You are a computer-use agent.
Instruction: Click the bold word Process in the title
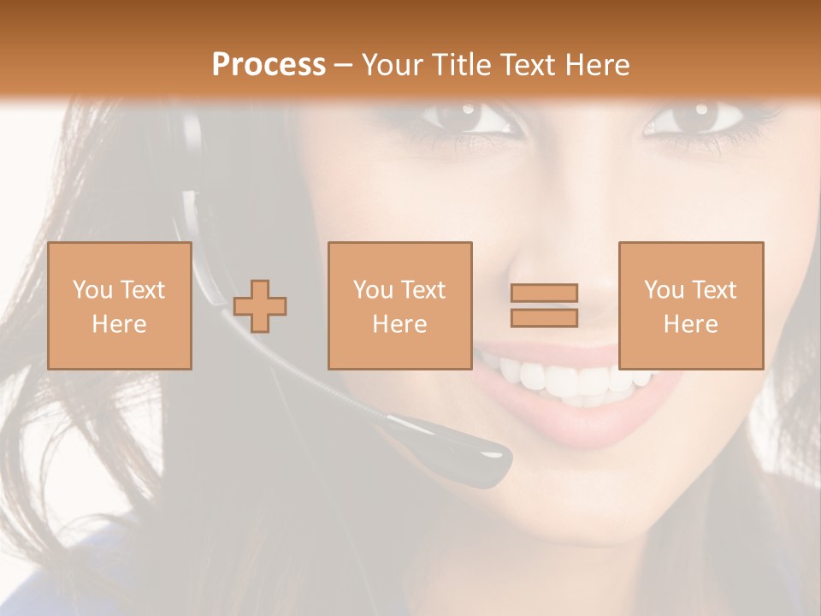pos(269,65)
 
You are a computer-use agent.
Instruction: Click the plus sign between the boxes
pos(260,306)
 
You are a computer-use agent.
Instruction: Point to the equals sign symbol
pos(544,305)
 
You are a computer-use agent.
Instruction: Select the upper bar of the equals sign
pos(544,293)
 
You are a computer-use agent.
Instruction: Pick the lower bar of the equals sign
pos(544,317)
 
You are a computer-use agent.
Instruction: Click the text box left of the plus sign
pos(120,305)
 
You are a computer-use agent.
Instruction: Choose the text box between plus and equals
pos(400,305)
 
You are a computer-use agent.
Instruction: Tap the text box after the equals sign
pos(691,305)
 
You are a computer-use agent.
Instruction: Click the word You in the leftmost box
pos(92,290)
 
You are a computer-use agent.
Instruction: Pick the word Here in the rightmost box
pos(691,324)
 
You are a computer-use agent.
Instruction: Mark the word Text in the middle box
pos(422,290)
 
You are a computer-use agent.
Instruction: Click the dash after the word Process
pos(344,65)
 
